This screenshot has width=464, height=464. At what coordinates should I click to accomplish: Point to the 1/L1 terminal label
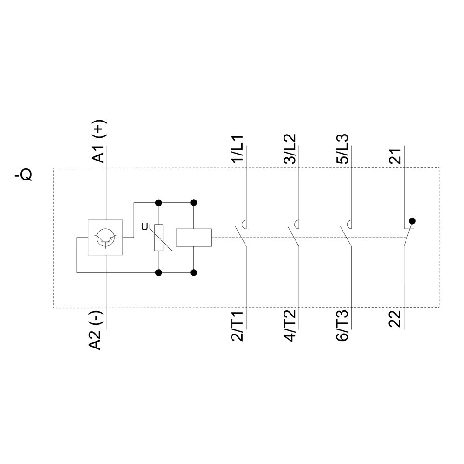tap(238, 148)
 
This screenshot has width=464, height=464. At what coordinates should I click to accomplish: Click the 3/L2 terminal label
tap(290, 148)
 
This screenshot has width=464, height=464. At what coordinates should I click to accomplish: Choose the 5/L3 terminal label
tap(342, 148)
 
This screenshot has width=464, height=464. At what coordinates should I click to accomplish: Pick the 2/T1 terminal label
tap(238, 326)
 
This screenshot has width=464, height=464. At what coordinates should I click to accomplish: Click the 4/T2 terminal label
tap(290, 326)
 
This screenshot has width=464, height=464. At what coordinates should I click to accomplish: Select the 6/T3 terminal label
tap(342, 326)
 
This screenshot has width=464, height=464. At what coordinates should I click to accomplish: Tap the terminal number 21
tap(395, 157)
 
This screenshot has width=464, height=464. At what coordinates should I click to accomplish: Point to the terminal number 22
tap(395, 318)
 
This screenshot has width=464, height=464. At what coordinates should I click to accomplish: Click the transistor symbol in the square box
tap(106, 238)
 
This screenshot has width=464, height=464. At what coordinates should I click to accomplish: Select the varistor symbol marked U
tap(159, 238)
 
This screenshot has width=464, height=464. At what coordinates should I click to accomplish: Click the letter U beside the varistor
tap(145, 227)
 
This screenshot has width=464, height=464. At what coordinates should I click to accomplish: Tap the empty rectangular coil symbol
tap(194, 238)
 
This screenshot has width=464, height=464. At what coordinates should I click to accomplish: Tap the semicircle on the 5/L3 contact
tap(351, 225)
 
